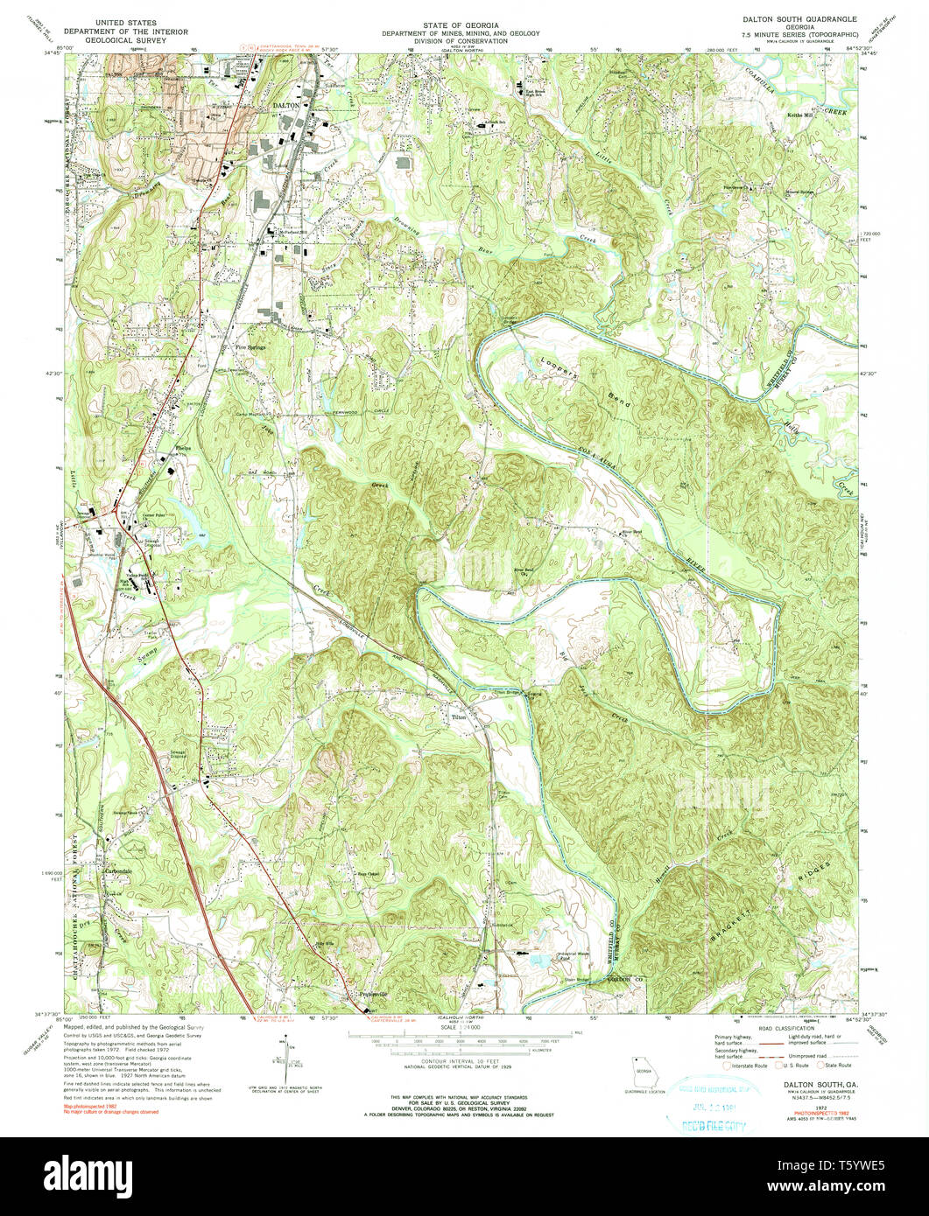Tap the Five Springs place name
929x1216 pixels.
tap(249, 346)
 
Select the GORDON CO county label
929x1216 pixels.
tap(625, 979)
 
